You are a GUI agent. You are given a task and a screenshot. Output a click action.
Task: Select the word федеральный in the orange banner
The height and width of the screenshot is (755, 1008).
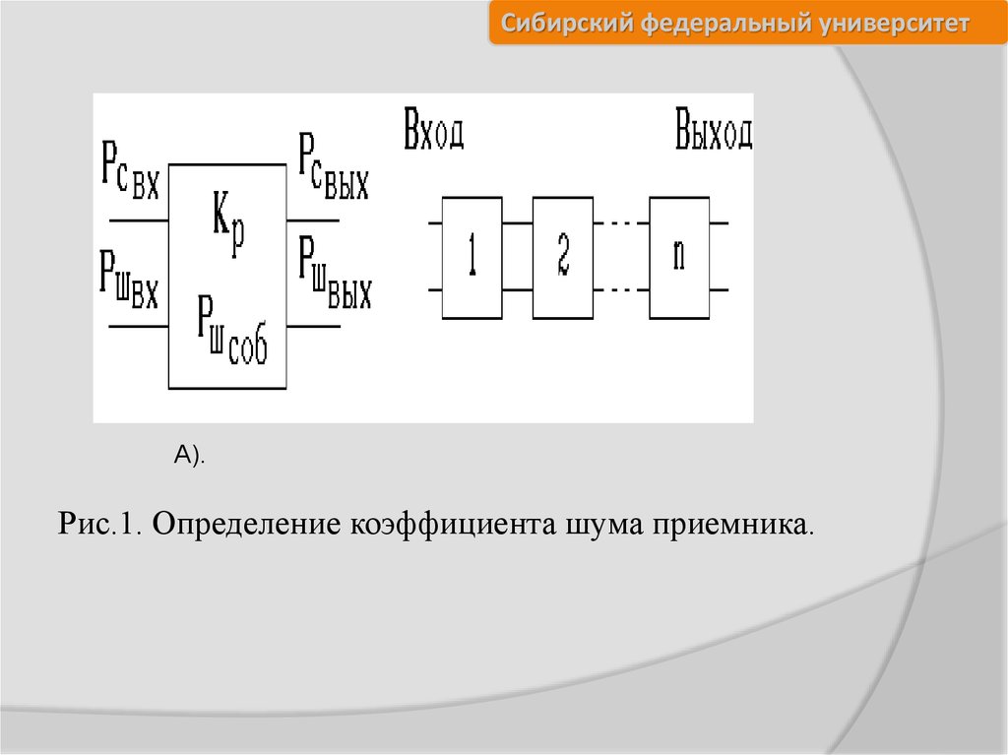click(724, 24)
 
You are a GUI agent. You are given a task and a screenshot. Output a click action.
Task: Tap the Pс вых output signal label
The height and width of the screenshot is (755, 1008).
click(334, 169)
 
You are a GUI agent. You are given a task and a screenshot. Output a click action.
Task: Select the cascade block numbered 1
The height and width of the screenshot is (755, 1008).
click(472, 257)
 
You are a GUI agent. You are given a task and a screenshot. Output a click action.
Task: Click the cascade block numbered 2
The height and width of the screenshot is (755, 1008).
click(562, 257)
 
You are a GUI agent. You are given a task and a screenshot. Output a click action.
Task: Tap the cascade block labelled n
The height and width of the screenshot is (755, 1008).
click(679, 257)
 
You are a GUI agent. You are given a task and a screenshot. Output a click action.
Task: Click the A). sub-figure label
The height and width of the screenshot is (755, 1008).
click(190, 454)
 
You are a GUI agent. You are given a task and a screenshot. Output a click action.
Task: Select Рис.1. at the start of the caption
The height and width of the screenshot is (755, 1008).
click(101, 524)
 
